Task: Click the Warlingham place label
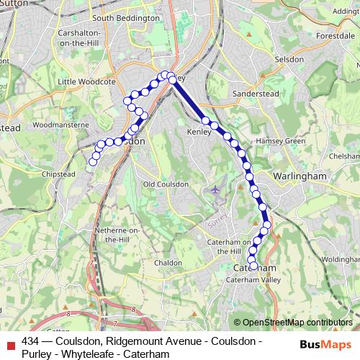pos(300,176)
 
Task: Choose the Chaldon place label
pos(168,263)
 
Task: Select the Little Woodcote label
pos(86,82)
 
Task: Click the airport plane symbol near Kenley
pos(217,189)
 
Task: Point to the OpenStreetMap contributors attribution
pos(297,322)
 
